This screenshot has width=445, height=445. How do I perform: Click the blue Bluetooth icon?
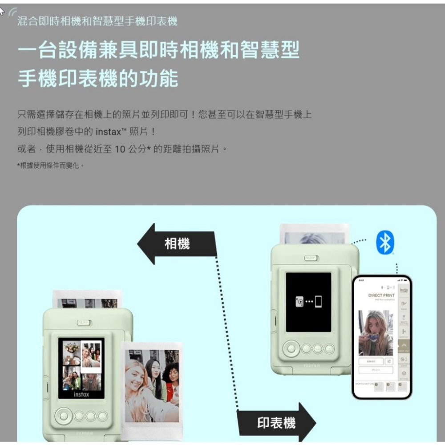point(385,243)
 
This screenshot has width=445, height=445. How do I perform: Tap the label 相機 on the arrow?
point(177,243)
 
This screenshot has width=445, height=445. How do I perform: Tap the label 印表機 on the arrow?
point(276,423)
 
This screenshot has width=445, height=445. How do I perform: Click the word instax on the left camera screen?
point(81,394)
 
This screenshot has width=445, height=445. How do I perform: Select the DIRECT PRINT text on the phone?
point(381,295)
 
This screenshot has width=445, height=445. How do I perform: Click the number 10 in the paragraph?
point(120,149)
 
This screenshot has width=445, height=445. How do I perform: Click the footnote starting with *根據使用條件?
point(50,165)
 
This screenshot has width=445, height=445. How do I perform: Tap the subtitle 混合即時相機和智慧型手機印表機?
point(97,21)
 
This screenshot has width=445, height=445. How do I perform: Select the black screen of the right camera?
point(308,303)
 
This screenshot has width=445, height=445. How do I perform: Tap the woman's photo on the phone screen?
point(375,333)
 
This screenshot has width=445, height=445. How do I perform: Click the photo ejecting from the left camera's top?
point(87,299)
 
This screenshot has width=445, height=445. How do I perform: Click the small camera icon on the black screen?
point(300,302)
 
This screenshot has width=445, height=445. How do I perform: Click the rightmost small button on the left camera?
point(103,416)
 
